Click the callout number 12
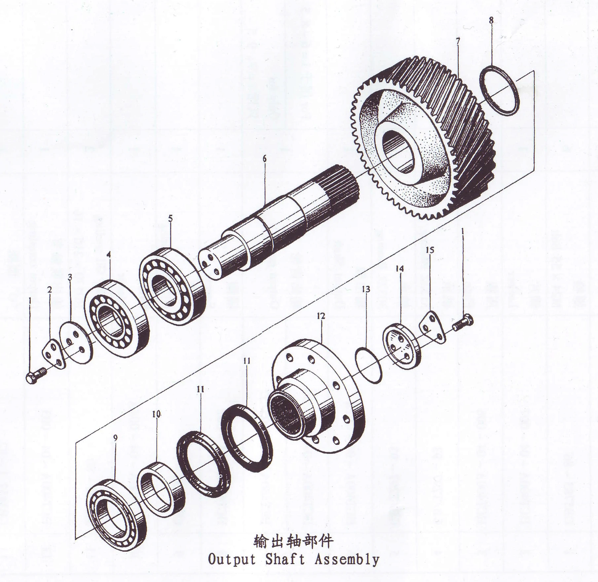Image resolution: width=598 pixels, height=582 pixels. coord(321,316)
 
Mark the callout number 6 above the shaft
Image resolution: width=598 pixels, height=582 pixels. coord(264,159)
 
